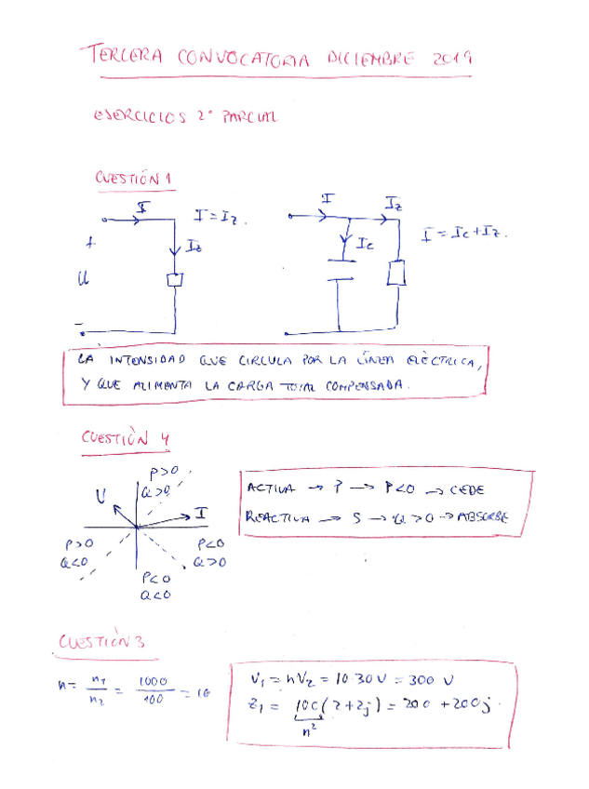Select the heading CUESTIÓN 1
click(x=134, y=177)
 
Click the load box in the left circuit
click(x=174, y=280)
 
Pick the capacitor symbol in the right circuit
click(x=339, y=277)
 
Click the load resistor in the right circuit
click(x=397, y=274)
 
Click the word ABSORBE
click(x=481, y=517)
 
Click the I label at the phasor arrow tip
click(x=200, y=514)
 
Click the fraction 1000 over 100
click(x=152, y=690)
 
